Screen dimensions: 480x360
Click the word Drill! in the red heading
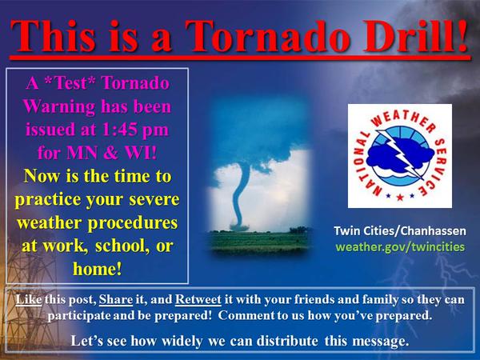(x=416, y=35)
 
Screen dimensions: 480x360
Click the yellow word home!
(x=98, y=269)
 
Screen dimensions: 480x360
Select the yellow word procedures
(x=133, y=223)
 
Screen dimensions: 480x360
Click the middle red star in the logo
(x=400, y=197)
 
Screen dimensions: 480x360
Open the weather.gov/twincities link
(x=400, y=246)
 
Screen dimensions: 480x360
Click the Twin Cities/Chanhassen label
(x=400, y=230)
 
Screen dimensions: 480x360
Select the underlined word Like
(x=29, y=299)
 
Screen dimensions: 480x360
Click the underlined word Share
(x=116, y=300)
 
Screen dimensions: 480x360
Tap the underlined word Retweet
(x=198, y=300)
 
